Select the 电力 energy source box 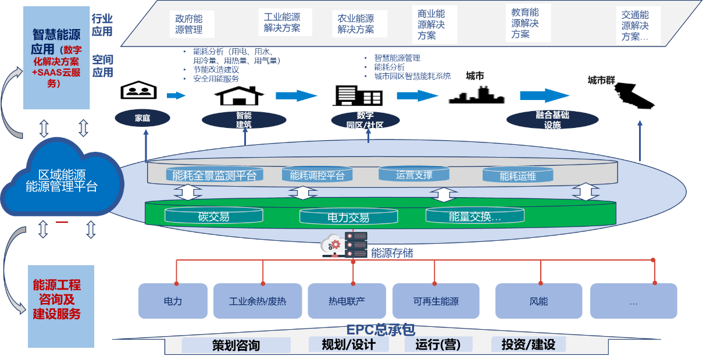tap(173, 301)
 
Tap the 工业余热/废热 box tap(258, 301)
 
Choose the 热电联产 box tap(347, 301)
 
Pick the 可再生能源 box tap(436, 301)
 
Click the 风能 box tap(538, 301)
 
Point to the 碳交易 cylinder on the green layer tap(213, 216)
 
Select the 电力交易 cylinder tap(348, 218)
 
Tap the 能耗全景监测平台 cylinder tap(214, 174)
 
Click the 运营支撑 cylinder tap(414, 174)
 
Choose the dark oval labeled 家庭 tap(142, 118)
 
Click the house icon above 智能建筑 tap(243, 96)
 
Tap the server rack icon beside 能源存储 tap(356, 244)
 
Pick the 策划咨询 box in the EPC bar tap(235, 345)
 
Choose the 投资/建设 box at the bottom tap(528, 344)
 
